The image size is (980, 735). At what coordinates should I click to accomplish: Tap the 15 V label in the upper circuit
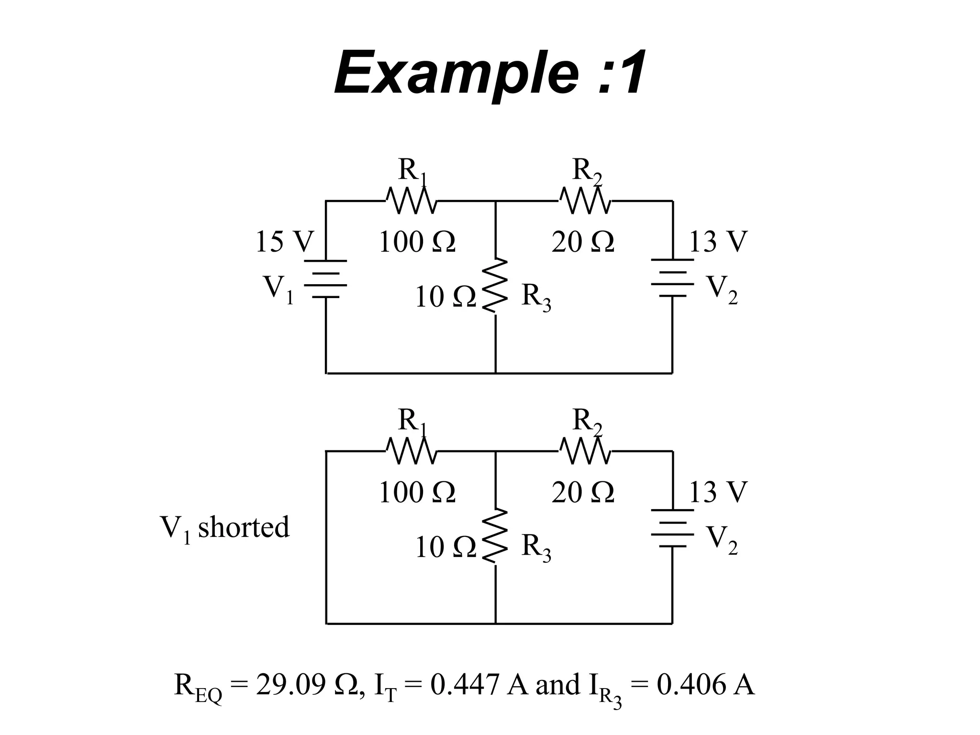click(284, 242)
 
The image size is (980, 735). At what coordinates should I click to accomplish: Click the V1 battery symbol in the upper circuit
click(325, 279)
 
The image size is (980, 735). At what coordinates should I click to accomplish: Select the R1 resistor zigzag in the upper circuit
click(411, 201)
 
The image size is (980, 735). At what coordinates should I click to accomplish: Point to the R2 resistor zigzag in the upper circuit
click(585, 201)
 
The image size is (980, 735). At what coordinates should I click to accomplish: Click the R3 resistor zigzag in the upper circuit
click(495, 286)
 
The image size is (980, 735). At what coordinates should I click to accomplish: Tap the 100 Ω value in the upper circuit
click(417, 242)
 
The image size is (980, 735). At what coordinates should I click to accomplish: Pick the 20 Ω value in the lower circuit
click(582, 492)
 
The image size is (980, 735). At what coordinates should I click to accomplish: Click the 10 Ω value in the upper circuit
click(445, 297)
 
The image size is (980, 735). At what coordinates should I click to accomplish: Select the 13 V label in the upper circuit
click(717, 242)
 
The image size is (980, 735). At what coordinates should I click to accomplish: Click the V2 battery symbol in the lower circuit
click(672, 528)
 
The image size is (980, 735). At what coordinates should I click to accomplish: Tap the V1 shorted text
click(224, 528)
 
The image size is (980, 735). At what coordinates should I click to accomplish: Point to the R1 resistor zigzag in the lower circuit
click(411, 451)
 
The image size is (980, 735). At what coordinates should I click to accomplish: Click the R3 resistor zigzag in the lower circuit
click(495, 536)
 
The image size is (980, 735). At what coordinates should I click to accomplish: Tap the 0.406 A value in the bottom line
click(705, 685)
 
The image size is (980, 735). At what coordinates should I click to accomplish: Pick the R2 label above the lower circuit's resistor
click(587, 422)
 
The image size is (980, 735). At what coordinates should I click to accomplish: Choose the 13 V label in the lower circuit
click(717, 492)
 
